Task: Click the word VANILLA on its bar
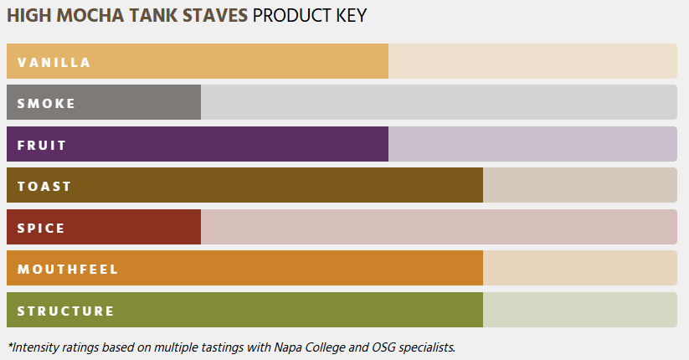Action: coord(54,63)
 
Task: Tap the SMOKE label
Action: coord(46,103)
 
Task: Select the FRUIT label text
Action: coord(42,145)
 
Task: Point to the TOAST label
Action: coord(44,187)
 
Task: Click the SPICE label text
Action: coord(41,228)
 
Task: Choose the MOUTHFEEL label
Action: coord(68,269)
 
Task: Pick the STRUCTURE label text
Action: coord(65,311)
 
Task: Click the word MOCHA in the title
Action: coord(90,16)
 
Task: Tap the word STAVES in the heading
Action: coord(215,16)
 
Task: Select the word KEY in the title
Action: coord(351,16)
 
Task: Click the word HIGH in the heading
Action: coord(29,16)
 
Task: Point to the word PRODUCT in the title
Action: coord(292,16)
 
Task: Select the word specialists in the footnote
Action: coord(427,347)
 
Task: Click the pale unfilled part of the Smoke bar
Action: coord(439,102)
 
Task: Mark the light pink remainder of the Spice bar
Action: coord(439,227)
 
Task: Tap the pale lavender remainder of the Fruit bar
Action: coord(532,144)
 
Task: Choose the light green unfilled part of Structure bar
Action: coord(580,310)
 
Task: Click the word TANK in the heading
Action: coord(153,16)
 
